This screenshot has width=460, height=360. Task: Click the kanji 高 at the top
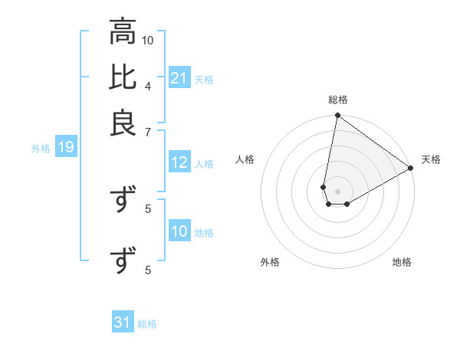click(x=123, y=33)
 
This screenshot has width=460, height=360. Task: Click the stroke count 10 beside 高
click(x=148, y=40)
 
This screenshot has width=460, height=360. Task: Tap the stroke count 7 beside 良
click(x=148, y=132)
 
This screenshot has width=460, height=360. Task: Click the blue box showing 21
click(x=179, y=78)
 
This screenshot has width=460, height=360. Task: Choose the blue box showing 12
click(x=179, y=162)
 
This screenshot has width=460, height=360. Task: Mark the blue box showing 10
click(x=179, y=231)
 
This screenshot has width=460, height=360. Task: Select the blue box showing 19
click(x=66, y=147)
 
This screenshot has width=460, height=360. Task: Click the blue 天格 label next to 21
click(x=204, y=79)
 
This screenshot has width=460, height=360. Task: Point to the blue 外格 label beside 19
click(x=41, y=148)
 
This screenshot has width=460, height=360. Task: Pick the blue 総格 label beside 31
click(x=147, y=323)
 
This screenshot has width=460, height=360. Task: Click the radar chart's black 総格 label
click(x=338, y=100)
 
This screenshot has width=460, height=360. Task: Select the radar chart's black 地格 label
click(x=402, y=262)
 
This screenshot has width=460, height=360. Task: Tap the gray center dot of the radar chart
click(x=338, y=191)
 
